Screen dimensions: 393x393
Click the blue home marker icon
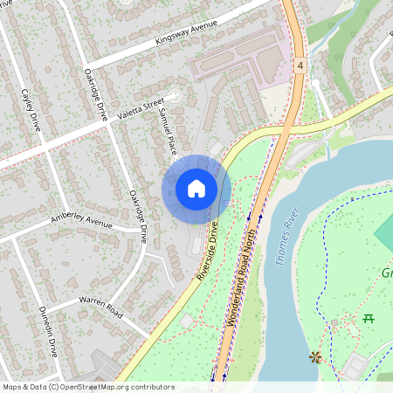tap(196, 189)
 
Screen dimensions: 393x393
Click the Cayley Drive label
tap(31, 108)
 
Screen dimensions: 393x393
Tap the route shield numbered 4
tap(300, 66)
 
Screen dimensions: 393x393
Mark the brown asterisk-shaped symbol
tap(314, 356)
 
